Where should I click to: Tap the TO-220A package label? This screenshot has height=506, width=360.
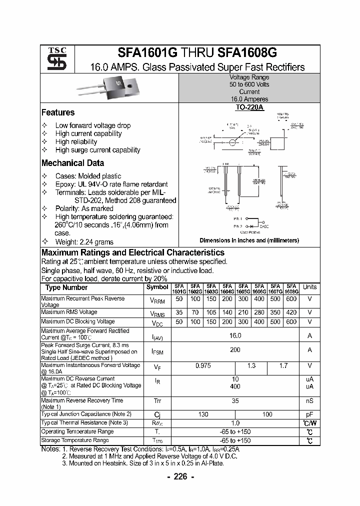[x=249, y=107]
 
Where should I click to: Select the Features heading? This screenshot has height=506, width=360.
[x=58, y=112]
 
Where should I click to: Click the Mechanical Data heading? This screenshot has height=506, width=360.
[x=72, y=163]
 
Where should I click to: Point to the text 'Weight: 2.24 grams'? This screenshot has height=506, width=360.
[x=85, y=241]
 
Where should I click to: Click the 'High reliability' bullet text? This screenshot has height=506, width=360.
[x=76, y=141]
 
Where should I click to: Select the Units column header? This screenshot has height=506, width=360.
[x=309, y=287]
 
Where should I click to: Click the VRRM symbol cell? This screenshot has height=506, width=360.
[x=157, y=301]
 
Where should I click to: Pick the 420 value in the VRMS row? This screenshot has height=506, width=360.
[x=291, y=312]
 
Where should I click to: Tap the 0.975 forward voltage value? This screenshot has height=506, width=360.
[x=202, y=366]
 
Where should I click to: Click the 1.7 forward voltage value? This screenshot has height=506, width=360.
[x=283, y=366]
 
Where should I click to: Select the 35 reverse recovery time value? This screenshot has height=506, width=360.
[x=235, y=400]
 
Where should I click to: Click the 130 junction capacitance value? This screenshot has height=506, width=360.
[x=203, y=414]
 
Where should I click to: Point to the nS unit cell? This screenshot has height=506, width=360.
[x=309, y=400]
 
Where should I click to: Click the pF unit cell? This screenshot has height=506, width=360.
[x=309, y=414]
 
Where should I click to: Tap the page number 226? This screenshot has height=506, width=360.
[x=179, y=476]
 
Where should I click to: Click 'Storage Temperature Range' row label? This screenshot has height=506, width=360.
[x=75, y=440]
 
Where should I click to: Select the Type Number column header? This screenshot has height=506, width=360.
[x=66, y=287]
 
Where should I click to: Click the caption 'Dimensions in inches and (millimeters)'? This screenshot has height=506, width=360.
[x=249, y=240]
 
